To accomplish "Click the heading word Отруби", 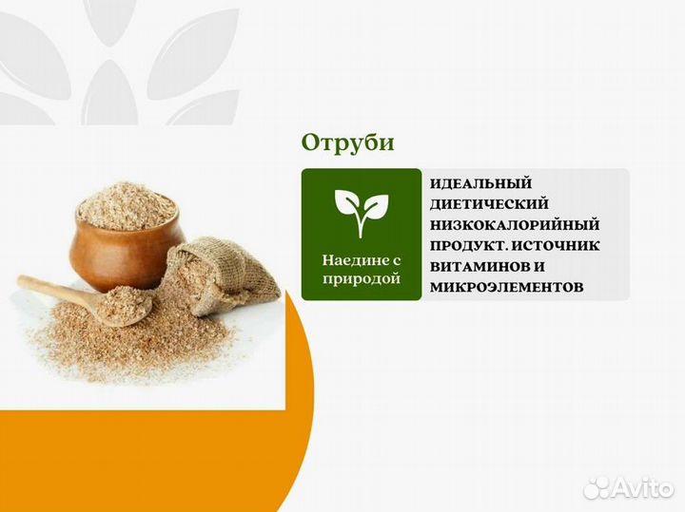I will point(347,142).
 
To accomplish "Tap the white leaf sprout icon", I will point(361,211).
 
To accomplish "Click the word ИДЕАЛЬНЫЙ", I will point(480,183).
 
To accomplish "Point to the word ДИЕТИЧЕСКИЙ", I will point(489,203).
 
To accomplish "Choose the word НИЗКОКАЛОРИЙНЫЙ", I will point(515,224).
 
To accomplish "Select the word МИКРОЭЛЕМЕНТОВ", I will point(505,286).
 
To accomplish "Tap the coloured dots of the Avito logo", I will point(597,487).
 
